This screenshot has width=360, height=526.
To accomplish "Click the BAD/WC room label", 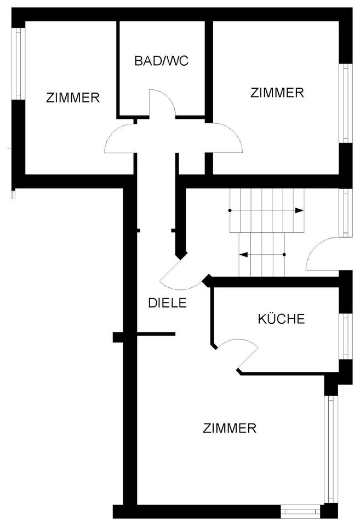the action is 161,61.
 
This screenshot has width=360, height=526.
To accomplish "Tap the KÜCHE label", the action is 281,319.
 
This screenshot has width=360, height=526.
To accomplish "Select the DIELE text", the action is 168,302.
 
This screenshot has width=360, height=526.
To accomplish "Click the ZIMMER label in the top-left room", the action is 73,98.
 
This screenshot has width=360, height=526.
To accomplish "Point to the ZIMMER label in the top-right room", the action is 277,93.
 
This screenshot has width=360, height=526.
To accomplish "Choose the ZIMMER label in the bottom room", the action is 230,428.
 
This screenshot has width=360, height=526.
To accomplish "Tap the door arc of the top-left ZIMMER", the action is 119,139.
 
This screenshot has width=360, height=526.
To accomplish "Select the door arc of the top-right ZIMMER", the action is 226,139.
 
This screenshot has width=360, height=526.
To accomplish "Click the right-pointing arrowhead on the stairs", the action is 299,210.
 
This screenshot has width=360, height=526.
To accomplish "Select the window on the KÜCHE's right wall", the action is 346,336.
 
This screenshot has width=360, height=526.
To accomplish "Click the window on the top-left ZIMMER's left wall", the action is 19,64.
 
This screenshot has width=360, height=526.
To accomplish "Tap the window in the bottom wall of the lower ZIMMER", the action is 300,511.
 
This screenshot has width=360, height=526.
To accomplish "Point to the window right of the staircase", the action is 346,213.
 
